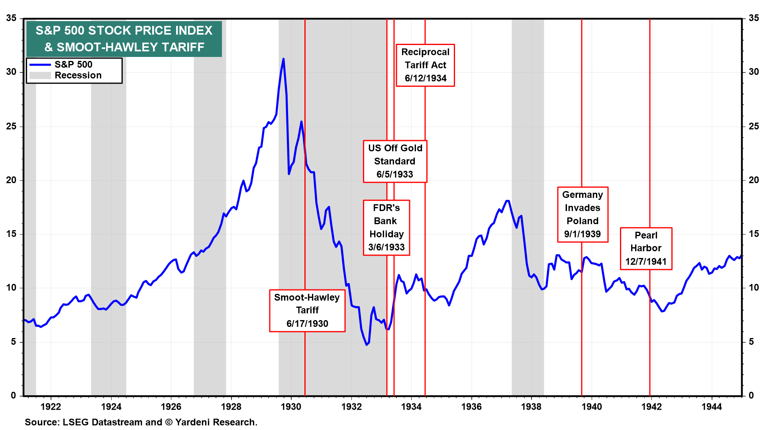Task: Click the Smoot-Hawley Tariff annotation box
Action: pos(307,310)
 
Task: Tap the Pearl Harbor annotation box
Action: pos(646,248)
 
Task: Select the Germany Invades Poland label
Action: pos(583,214)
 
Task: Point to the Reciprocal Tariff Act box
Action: pos(425,65)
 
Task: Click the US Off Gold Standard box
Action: pos(395,161)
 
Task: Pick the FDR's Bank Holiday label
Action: pos(386,227)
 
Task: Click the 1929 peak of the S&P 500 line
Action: pos(283,59)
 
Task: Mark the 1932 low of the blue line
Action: pos(367,344)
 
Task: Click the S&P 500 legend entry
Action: pos(73,64)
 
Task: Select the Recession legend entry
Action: pos(78,75)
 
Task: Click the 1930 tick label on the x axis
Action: pos(291,407)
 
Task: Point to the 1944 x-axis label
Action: pos(712,407)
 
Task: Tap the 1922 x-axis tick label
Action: pos(51,407)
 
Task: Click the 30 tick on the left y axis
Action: pos(11,72)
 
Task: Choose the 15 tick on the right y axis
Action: pos(754,234)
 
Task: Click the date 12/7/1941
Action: pos(646,262)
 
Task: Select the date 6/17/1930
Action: pos(307,323)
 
